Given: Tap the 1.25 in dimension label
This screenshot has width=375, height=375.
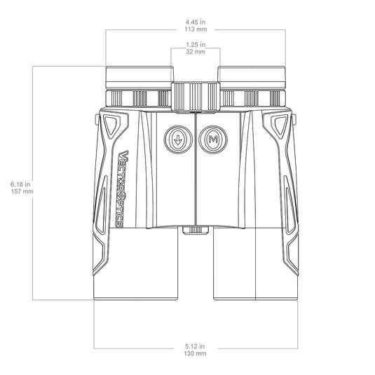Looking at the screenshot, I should point(196,44).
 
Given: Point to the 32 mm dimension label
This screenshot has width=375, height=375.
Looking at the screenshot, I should point(196,52).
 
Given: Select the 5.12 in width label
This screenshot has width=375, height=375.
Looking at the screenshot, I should point(196,346).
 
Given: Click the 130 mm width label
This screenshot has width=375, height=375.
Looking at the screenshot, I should point(196,355).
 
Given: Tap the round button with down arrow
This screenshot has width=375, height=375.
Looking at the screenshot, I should point(178,139).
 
